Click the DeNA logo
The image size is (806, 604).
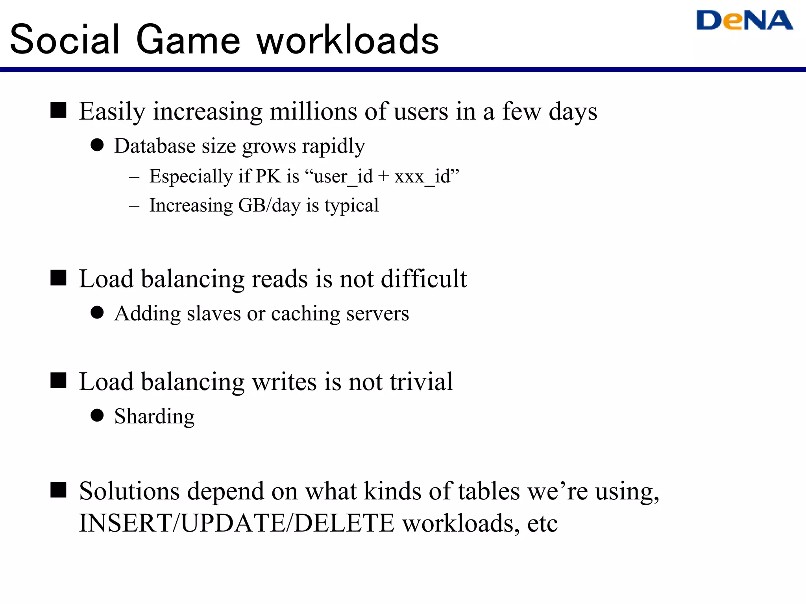(744, 21)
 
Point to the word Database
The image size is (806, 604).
(155, 146)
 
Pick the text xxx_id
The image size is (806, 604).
(422, 176)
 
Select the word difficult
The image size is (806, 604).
(423, 279)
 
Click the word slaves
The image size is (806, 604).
(213, 314)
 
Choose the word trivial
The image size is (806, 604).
(421, 381)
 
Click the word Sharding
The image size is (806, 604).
(154, 416)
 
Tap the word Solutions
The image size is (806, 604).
(129, 491)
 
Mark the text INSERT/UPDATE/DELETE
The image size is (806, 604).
(237, 523)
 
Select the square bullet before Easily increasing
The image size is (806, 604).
(58, 110)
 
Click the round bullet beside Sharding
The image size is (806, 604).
(97, 415)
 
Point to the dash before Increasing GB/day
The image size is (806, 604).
(134, 206)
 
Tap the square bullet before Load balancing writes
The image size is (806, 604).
(58, 380)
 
